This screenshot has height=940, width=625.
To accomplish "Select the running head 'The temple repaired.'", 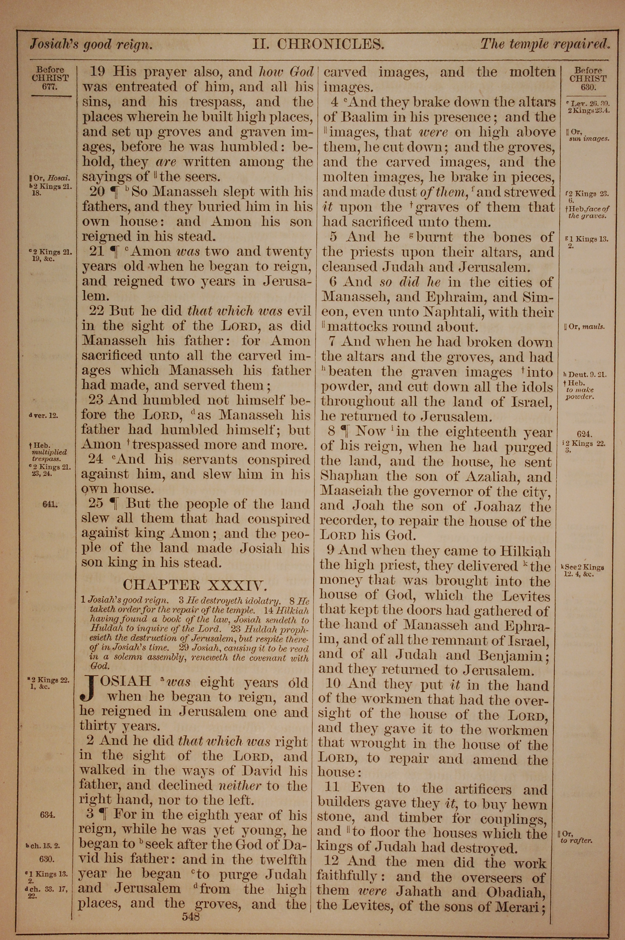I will click(x=545, y=44).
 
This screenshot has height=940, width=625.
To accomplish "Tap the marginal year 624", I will click(x=584, y=435).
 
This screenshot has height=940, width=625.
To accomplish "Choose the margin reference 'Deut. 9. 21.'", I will click(x=584, y=375).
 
